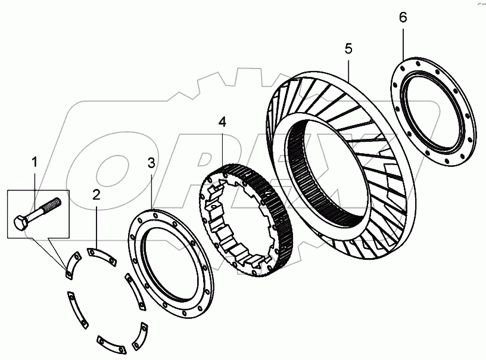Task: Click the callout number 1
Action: pyautogui.click(x=35, y=162)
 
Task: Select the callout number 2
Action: pyautogui.click(x=96, y=194)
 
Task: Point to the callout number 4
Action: pyautogui.click(x=222, y=123)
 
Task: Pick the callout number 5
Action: pyautogui.click(x=348, y=49)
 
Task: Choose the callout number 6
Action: pyautogui.click(x=403, y=17)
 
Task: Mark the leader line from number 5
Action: pyautogui.click(x=348, y=69)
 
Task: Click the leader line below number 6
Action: pyautogui.click(x=403, y=42)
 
